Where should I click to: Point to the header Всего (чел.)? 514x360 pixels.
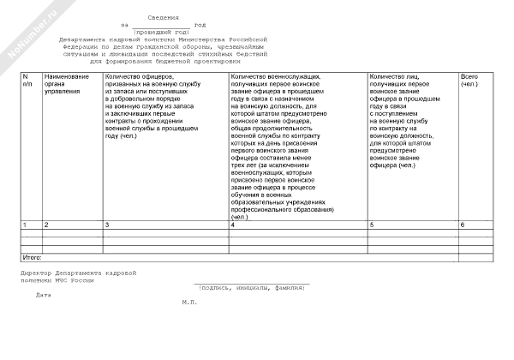471,81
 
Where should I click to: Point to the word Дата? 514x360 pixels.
44,295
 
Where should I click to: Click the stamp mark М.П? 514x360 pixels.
189,302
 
